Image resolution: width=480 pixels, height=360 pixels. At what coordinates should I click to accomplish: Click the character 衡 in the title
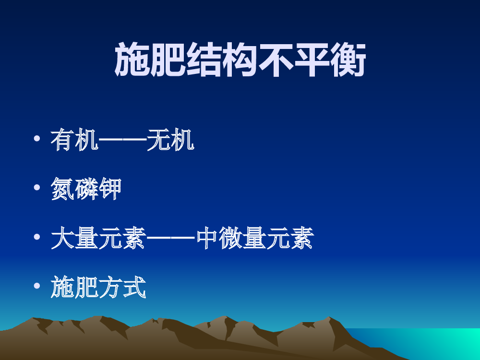pyautogui.click(x=348, y=60)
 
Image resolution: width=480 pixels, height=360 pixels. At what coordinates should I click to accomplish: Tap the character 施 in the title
pyautogui.click(x=132, y=60)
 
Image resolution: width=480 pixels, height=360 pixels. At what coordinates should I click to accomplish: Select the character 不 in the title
pyautogui.click(x=276, y=60)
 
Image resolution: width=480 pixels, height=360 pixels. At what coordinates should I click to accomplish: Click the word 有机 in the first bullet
pyautogui.click(x=74, y=140)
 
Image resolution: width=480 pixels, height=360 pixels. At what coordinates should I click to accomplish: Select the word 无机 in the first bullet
pyautogui.click(x=170, y=140)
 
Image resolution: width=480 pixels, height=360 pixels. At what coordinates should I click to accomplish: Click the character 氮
pyautogui.click(x=62, y=189)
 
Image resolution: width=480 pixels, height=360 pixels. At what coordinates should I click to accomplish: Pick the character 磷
pyautogui.click(x=86, y=189)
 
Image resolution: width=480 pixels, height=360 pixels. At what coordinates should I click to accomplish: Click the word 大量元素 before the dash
pyautogui.click(x=98, y=238)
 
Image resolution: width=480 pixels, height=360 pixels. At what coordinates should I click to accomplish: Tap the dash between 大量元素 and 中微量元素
pyautogui.click(x=170, y=238)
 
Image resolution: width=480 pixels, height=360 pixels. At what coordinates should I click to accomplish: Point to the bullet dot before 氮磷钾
pyautogui.click(x=37, y=187)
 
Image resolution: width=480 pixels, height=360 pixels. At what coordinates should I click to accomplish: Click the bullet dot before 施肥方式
pyautogui.click(x=37, y=286)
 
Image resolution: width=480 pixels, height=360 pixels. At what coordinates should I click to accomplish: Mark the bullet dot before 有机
pyautogui.click(x=37, y=138)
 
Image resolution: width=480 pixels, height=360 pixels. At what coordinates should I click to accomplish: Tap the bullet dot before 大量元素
pyautogui.click(x=37, y=237)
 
